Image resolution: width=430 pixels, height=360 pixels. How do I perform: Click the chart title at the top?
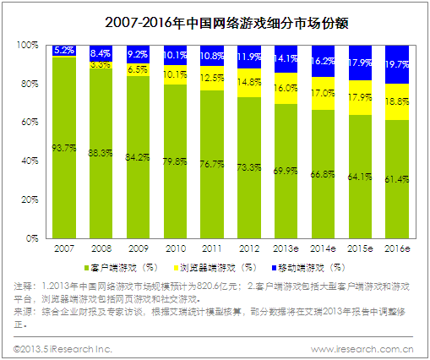[226, 23]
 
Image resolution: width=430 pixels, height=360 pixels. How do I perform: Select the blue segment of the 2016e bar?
[397, 64]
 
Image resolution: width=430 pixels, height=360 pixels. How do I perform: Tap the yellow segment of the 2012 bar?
[249, 83]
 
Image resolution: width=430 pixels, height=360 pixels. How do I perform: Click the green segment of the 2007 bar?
[64, 148]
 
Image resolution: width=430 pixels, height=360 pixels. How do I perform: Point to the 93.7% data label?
[64, 148]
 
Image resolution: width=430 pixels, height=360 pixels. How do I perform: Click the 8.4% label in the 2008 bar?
[101, 53]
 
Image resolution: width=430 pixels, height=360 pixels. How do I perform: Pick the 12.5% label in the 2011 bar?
[212, 78]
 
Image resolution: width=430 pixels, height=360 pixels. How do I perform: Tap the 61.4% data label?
[397, 179]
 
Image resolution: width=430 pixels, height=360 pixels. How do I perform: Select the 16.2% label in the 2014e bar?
[323, 61]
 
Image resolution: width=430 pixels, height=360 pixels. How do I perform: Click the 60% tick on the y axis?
[30, 123]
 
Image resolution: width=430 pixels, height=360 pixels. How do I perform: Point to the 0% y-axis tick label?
[32, 238]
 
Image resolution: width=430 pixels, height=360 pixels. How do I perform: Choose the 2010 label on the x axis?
[176, 248]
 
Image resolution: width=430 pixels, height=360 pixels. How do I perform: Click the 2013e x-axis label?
[286, 248]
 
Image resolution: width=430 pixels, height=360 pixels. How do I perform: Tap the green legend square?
[87, 268]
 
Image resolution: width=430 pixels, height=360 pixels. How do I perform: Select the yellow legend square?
[177, 268]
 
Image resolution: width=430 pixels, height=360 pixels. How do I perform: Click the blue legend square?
[274, 268]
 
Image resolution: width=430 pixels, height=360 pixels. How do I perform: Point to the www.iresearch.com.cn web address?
[362, 350]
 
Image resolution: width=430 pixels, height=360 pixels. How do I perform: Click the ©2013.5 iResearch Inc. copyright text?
[63, 350]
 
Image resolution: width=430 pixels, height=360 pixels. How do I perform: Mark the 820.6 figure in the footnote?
[208, 286]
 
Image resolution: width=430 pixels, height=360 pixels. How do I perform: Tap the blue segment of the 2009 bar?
[138, 54]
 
